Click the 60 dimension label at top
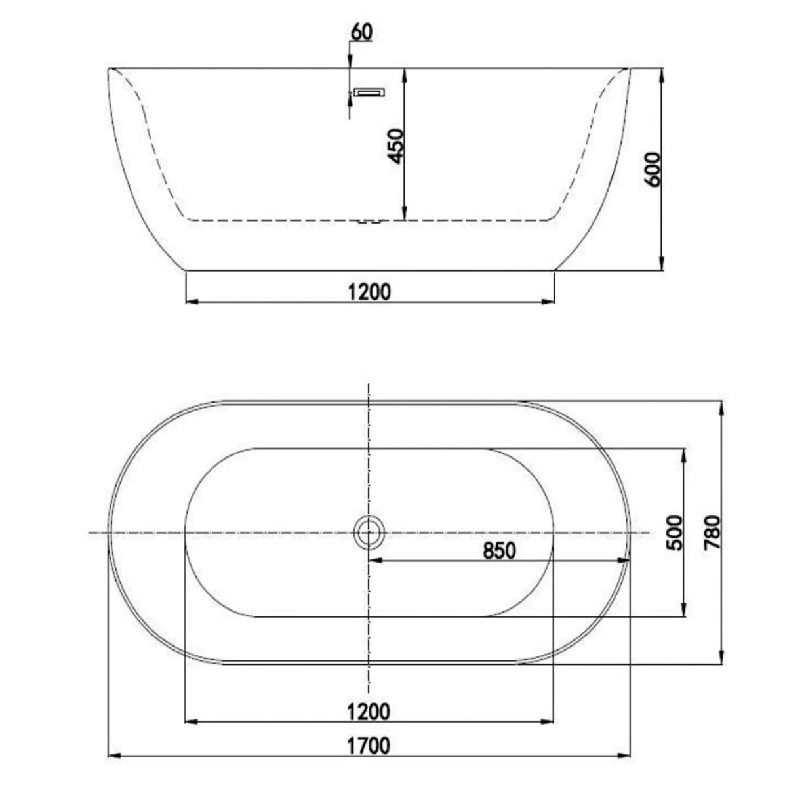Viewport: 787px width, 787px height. click(x=361, y=31)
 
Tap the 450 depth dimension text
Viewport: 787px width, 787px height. click(x=396, y=146)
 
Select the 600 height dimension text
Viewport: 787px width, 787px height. click(x=654, y=169)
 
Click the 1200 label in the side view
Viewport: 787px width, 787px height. click(x=369, y=291)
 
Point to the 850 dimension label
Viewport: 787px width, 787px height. click(x=500, y=551)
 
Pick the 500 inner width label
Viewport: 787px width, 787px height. click(x=674, y=533)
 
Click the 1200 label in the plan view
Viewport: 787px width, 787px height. click(x=369, y=711)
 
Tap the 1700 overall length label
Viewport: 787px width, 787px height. click(x=369, y=746)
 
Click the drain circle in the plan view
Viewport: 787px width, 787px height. click(x=369, y=533)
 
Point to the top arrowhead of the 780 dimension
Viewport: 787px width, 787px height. click(x=721, y=408)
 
